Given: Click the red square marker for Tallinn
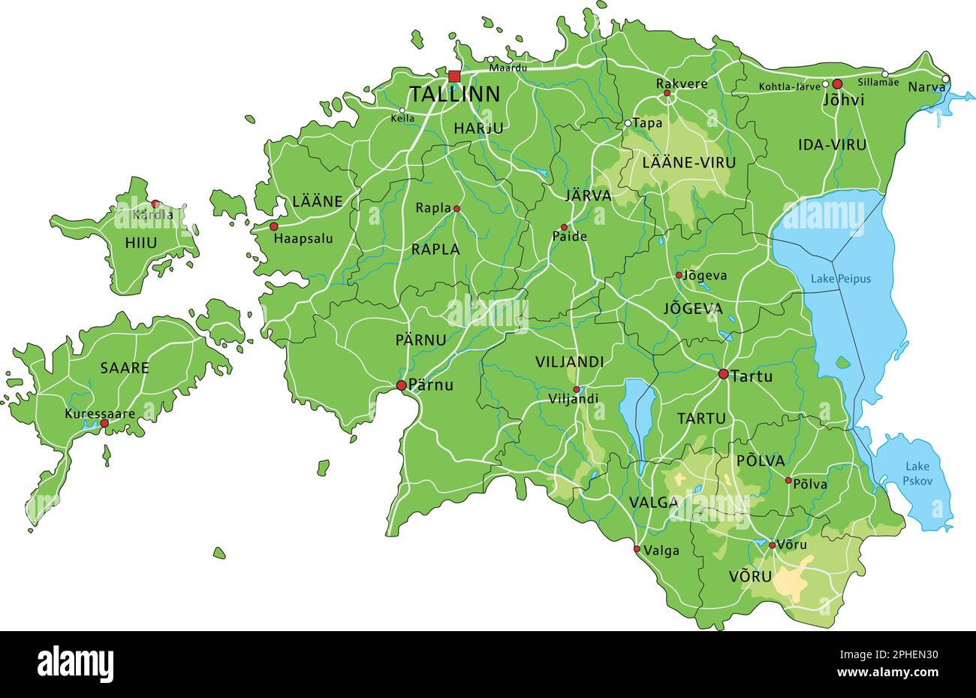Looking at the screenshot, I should click(x=454, y=76).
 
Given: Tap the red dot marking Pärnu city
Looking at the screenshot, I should click(x=401, y=385).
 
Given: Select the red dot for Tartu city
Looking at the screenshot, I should click(x=723, y=373).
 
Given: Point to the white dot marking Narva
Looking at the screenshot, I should click(x=945, y=79).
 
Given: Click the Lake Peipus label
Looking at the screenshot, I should click(x=840, y=279).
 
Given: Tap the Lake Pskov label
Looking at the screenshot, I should click(x=917, y=473).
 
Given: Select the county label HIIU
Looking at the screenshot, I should click(x=141, y=243).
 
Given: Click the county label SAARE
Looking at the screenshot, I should click(x=125, y=368).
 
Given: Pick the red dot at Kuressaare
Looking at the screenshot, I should click(x=104, y=424).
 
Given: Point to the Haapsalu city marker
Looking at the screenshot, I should click(x=274, y=226).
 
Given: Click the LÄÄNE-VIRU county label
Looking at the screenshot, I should click(x=688, y=162).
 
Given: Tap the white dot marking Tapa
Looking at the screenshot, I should click(x=628, y=123).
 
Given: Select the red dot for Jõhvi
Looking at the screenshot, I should click(x=837, y=84).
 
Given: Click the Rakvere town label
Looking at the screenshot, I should click(x=681, y=83).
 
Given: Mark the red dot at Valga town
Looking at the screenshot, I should click(x=637, y=549).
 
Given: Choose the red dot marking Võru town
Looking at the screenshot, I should click(x=772, y=545).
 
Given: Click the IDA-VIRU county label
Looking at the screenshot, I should click(x=832, y=145).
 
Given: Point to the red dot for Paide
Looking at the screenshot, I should click(x=565, y=227).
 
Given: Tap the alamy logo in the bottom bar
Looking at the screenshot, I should click(x=75, y=664).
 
